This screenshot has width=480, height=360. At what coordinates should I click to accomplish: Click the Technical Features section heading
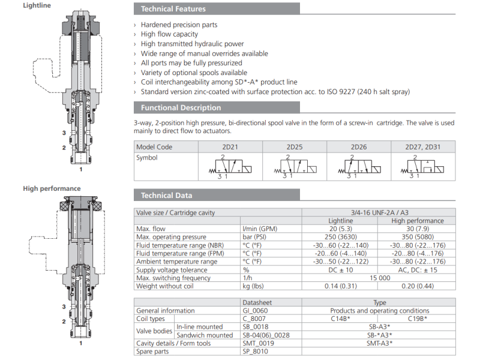[x=173, y=9]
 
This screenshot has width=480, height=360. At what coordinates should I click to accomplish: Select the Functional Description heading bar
[x=181, y=108]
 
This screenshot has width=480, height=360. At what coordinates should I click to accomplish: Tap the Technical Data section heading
[x=166, y=196]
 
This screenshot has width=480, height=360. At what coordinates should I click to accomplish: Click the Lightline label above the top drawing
[x=37, y=5]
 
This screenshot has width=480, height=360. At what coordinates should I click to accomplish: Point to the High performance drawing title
[x=52, y=188]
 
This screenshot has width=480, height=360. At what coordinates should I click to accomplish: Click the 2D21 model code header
[x=229, y=147]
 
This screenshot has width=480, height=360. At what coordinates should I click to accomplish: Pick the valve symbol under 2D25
[x=294, y=166]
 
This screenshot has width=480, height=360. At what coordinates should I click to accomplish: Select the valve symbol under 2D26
[x=359, y=166]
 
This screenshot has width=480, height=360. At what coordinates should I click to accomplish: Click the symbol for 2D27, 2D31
[x=422, y=166]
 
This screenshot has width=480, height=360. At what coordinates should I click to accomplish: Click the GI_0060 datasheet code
[x=257, y=311]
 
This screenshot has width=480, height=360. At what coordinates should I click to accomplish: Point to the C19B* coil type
[x=417, y=319]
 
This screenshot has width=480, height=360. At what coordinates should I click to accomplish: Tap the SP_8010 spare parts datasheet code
[x=257, y=352]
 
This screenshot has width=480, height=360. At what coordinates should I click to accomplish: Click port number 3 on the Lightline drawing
[x=64, y=132]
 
